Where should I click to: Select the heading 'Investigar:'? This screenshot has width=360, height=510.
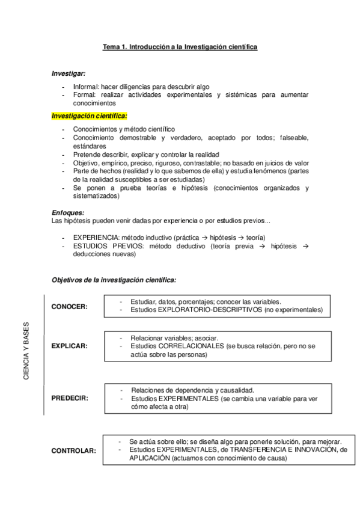coord(69,73)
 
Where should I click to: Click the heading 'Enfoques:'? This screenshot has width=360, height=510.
coord(68,212)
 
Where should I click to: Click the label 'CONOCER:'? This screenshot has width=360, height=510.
coord(69,306)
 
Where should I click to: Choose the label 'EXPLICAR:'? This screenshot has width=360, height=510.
coord(69,346)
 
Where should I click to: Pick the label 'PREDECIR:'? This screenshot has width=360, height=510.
coord(70,398)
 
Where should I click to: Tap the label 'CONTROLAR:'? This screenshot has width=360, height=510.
coord(73,450)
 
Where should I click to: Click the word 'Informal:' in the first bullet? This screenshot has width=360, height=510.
coord(86,86)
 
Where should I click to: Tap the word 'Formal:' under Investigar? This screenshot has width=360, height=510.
coord(84,95)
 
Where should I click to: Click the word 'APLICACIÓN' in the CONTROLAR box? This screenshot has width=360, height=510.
coord(148,458)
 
